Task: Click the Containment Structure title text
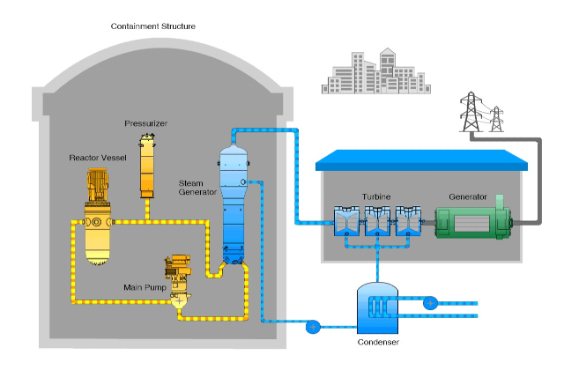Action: [x=152, y=26]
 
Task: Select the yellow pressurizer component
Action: [x=146, y=167]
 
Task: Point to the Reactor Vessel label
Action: [x=98, y=158]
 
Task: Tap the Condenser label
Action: [x=379, y=344]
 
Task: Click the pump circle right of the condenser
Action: [x=430, y=302]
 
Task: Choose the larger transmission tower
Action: [x=471, y=112]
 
